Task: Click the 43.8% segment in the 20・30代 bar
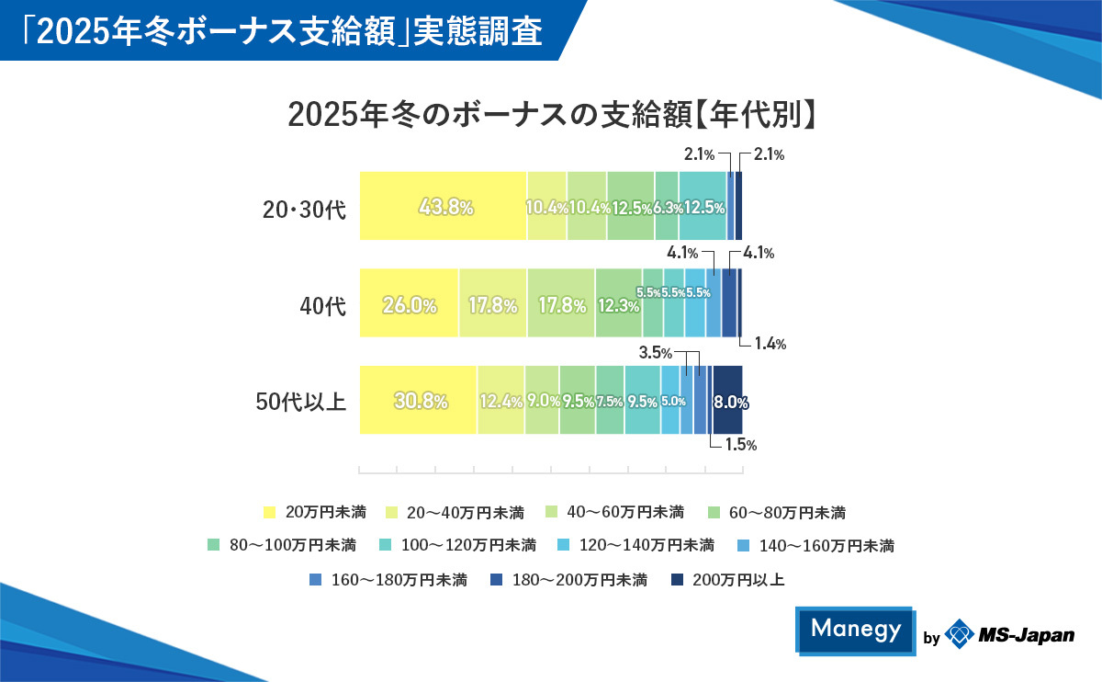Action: click(443, 207)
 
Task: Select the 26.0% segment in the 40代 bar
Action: click(409, 304)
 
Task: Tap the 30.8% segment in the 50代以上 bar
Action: click(418, 401)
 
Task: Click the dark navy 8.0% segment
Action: click(728, 401)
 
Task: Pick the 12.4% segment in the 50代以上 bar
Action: click(500, 401)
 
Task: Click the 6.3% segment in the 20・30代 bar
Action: click(667, 207)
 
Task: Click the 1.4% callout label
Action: click(769, 345)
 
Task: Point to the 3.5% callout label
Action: click(656, 353)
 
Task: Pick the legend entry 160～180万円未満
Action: click(389, 580)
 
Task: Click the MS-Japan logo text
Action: click(1025, 635)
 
